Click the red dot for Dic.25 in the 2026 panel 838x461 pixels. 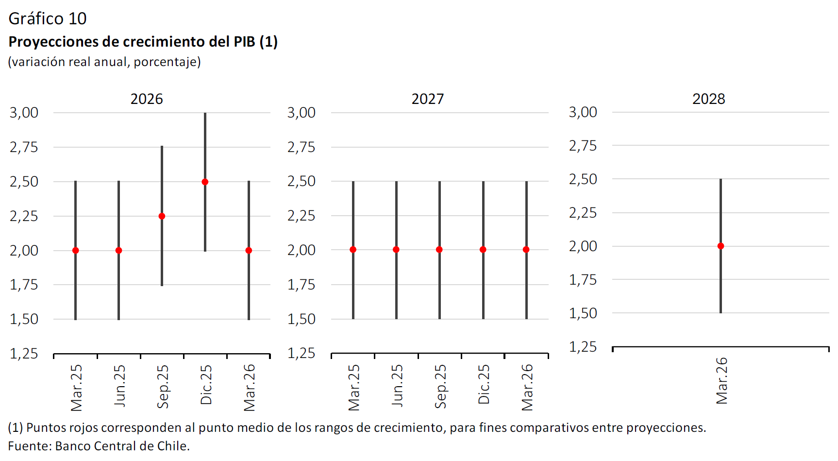(205, 182)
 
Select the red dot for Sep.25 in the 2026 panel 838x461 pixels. (162, 216)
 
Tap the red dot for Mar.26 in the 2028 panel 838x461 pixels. (721, 246)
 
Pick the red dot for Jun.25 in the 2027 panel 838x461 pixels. (396, 250)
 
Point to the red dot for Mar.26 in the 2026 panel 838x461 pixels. (249, 251)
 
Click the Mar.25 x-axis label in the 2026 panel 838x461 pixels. (77, 388)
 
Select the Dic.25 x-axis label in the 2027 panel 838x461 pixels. (484, 385)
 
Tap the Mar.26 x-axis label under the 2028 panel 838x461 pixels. (722, 381)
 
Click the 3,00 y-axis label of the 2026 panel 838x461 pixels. (24, 113)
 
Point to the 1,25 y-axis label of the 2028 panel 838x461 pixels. (583, 347)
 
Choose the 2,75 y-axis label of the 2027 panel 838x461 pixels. (302, 147)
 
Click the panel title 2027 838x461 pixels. (427, 99)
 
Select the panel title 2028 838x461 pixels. (708, 99)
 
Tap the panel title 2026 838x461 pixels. (147, 99)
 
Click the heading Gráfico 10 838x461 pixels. (48, 18)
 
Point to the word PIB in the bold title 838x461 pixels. (244, 42)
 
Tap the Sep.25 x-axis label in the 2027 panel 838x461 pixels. (440, 387)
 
